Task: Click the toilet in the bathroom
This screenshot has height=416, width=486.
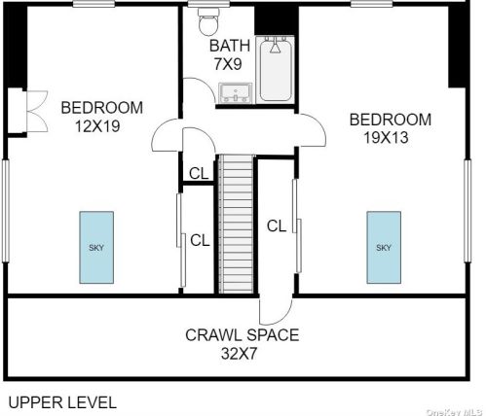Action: pyautogui.click(x=209, y=21)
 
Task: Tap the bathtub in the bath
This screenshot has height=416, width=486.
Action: pyautogui.click(x=276, y=70)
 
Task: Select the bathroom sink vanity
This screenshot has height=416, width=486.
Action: pyautogui.click(x=236, y=93)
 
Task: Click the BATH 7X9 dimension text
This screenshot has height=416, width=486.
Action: pyautogui.click(x=229, y=54)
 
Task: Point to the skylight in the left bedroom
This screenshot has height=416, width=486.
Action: pyautogui.click(x=96, y=248)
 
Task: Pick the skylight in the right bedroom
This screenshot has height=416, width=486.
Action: pyautogui.click(x=384, y=248)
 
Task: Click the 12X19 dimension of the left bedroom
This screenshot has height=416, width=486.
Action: pyautogui.click(x=97, y=126)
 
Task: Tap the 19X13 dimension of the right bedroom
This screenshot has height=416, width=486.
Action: pyautogui.click(x=386, y=138)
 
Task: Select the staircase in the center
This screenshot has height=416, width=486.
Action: pyautogui.click(x=236, y=225)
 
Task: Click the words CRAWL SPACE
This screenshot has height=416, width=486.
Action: pyautogui.click(x=243, y=335)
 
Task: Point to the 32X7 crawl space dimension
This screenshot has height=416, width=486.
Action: pyautogui.click(x=239, y=354)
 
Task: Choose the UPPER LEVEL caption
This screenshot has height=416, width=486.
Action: pyautogui.click(x=62, y=402)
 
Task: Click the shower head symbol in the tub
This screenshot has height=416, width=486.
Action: pyautogui.click(x=275, y=46)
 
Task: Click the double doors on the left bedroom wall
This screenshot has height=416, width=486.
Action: pyautogui.click(x=37, y=112)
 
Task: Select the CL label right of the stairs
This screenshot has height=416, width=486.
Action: pyautogui.click(x=277, y=225)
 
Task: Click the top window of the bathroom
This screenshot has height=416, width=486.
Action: pyautogui.click(x=209, y=4)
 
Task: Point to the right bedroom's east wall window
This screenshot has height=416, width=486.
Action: pyautogui.click(x=467, y=211)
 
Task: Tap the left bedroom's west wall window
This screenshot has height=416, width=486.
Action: pyautogui.click(x=6, y=211)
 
